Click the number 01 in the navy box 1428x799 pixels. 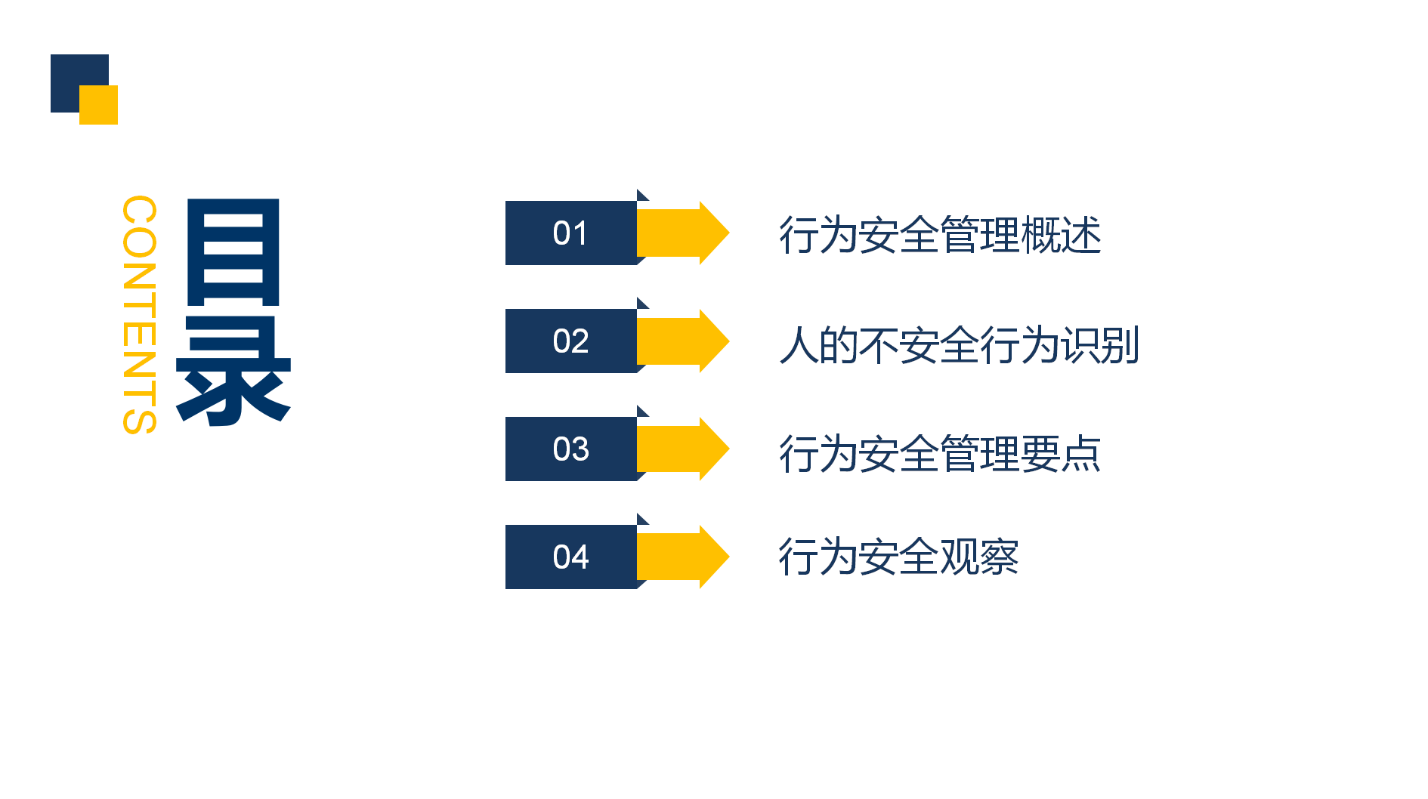click(570, 233)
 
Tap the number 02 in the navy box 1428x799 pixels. click(570, 341)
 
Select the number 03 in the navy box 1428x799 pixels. click(570, 449)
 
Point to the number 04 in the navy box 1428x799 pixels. click(570, 557)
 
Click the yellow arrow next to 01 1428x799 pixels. click(683, 233)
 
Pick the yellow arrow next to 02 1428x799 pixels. click(683, 341)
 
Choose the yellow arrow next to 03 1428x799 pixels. click(683, 449)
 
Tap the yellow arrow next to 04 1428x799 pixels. click(683, 557)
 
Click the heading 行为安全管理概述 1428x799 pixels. click(940, 235)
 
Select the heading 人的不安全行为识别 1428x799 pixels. click(960, 345)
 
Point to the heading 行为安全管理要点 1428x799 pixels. click(940, 453)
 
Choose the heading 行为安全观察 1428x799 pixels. click(899, 557)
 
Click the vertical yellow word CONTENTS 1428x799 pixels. click(140, 315)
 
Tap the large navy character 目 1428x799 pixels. click(233, 251)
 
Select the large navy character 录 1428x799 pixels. click(233, 370)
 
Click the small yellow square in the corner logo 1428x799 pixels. click(99, 105)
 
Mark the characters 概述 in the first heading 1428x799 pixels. click(1061, 235)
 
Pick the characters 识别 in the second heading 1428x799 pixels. click(1100, 345)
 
